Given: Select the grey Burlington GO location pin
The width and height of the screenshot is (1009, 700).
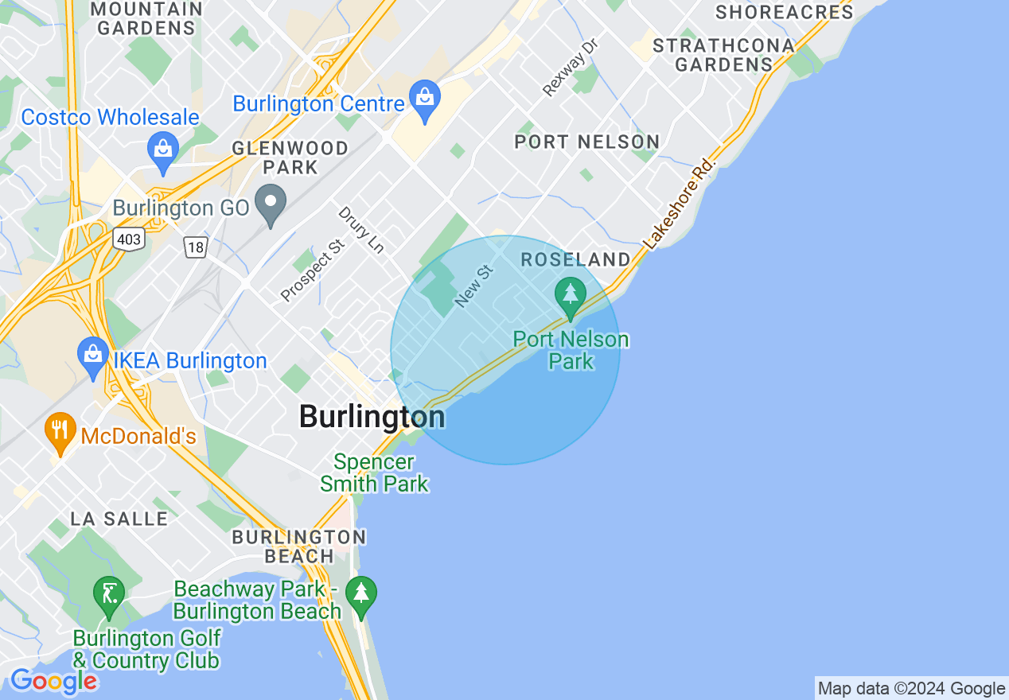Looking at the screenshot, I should [271, 204].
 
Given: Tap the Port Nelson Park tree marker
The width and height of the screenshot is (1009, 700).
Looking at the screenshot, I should [570, 297].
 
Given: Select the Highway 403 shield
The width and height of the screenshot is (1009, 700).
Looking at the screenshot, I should [128, 238].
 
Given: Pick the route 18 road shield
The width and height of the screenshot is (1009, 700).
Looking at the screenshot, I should [195, 247].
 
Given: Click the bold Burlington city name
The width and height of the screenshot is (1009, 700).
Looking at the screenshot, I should [372, 416].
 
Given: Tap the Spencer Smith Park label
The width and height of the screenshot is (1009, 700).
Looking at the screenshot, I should [374, 472].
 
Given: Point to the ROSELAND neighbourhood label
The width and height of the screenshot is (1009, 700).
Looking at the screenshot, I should [575, 259].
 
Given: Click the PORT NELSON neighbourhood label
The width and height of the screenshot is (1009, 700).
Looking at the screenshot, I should [586, 142].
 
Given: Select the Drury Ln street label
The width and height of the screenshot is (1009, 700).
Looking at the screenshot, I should [361, 230].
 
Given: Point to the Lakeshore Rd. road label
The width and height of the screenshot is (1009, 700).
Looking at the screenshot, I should [680, 204].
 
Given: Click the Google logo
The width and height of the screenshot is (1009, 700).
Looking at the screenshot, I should [53, 681].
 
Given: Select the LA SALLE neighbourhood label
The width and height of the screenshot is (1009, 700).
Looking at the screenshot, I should [119, 519].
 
